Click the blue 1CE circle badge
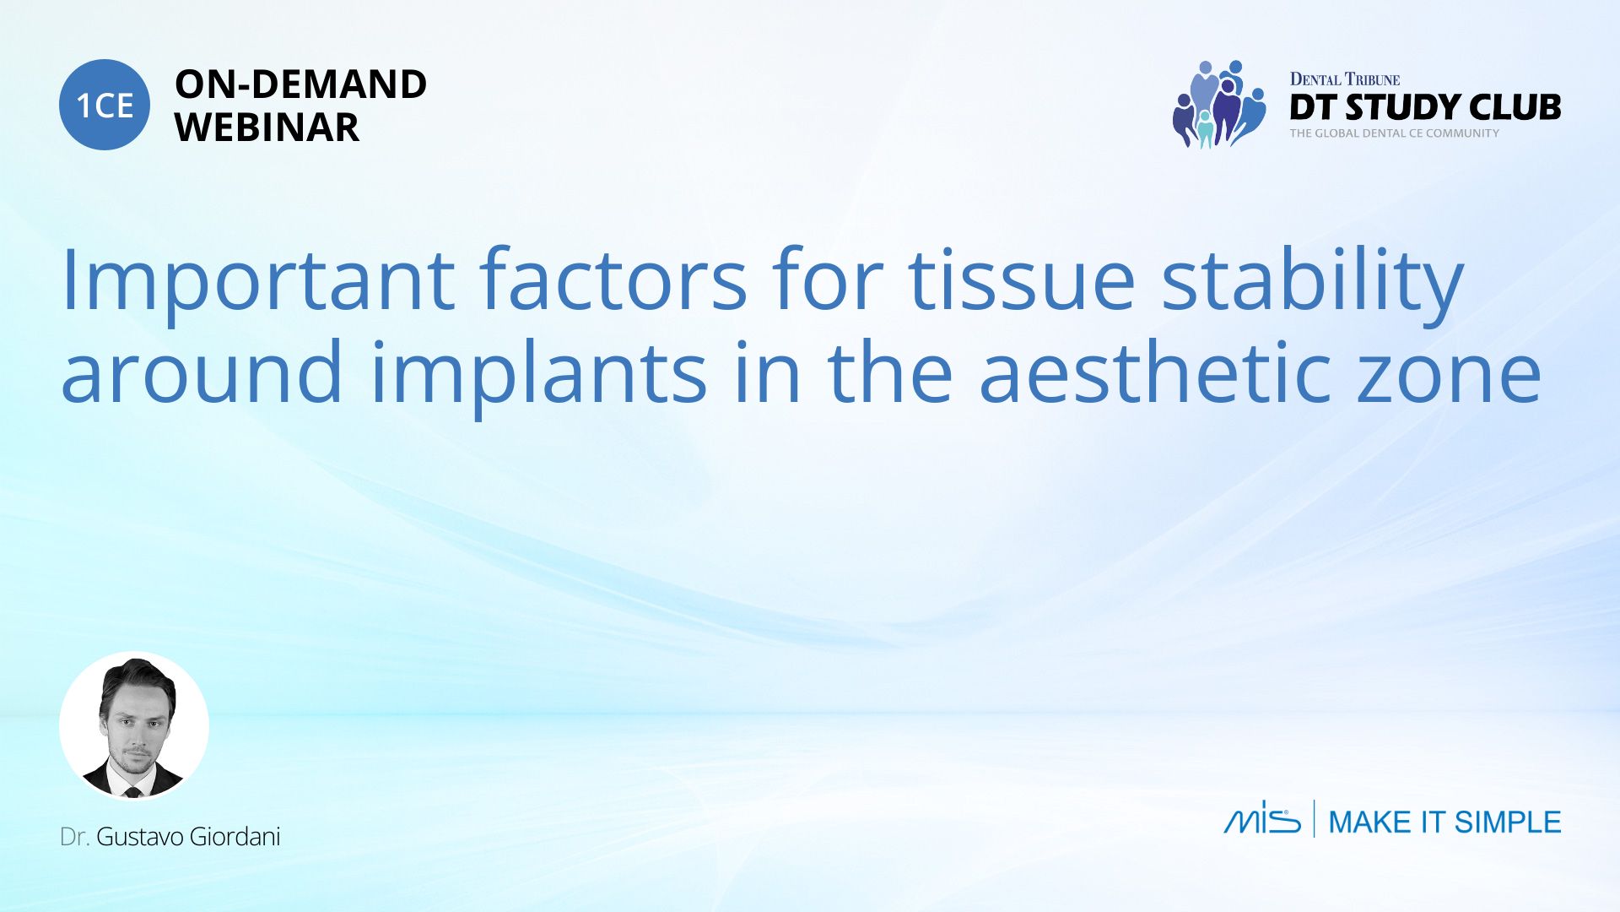pyautogui.click(x=105, y=105)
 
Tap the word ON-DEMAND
pyautogui.click(x=300, y=84)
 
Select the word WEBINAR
pyautogui.click(x=267, y=128)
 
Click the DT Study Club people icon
pyautogui.click(x=1219, y=105)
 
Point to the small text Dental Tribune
pyautogui.click(x=1345, y=79)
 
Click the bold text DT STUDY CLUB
pyautogui.click(x=1425, y=107)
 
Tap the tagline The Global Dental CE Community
pyautogui.click(x=1395, y=133)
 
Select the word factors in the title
pyautogui.click(x=613, y=280)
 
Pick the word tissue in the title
pyautogui.click(x=1022, y=280)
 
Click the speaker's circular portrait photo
pyautogui.click(x=134, y=725)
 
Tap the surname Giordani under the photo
pyautogui.click(x=235, y=837)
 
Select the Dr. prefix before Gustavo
pyautogui.click(x=75, y=837)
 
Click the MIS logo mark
pyautogui.click(x=1262, y=818)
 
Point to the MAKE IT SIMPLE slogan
pyautogui.click(x=1444, y=822)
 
